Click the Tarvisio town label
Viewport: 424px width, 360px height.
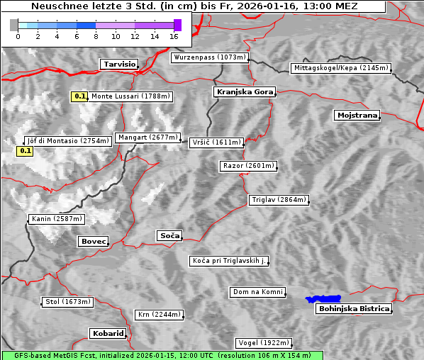coord(118,64)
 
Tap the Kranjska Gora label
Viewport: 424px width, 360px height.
coord(243,92)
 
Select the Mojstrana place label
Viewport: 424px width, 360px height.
coord(357,115)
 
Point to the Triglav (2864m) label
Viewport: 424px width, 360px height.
coord(279,200)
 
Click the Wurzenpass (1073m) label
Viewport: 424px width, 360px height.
coord(210,57)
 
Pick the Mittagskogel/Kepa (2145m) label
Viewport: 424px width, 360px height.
coord(340,68)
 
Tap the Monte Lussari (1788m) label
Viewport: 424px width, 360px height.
coord(130,96)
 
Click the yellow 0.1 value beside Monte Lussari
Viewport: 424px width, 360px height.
coord(80,96)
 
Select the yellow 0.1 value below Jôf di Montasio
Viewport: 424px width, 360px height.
coord(25,151)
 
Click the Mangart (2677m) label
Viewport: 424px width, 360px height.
coord(147,137)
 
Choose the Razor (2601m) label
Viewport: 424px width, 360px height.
coord(248,166)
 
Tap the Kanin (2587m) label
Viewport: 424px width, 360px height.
coord(57,219)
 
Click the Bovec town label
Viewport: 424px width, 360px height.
coord(93,242)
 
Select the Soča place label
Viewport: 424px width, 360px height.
coord(169,235)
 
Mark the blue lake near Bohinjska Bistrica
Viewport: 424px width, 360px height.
coord(323,299)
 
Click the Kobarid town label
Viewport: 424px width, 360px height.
coord(108,333)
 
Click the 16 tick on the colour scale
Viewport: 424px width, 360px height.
coord(174,35)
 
